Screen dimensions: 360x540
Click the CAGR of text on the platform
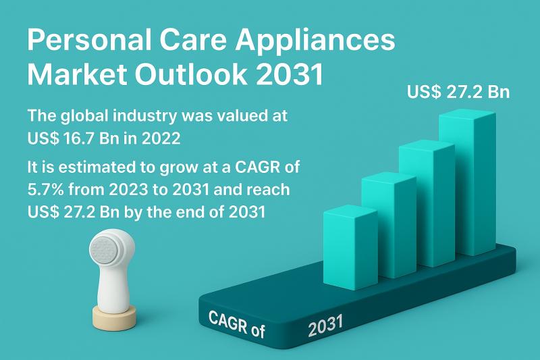click(x=237, y=324)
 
